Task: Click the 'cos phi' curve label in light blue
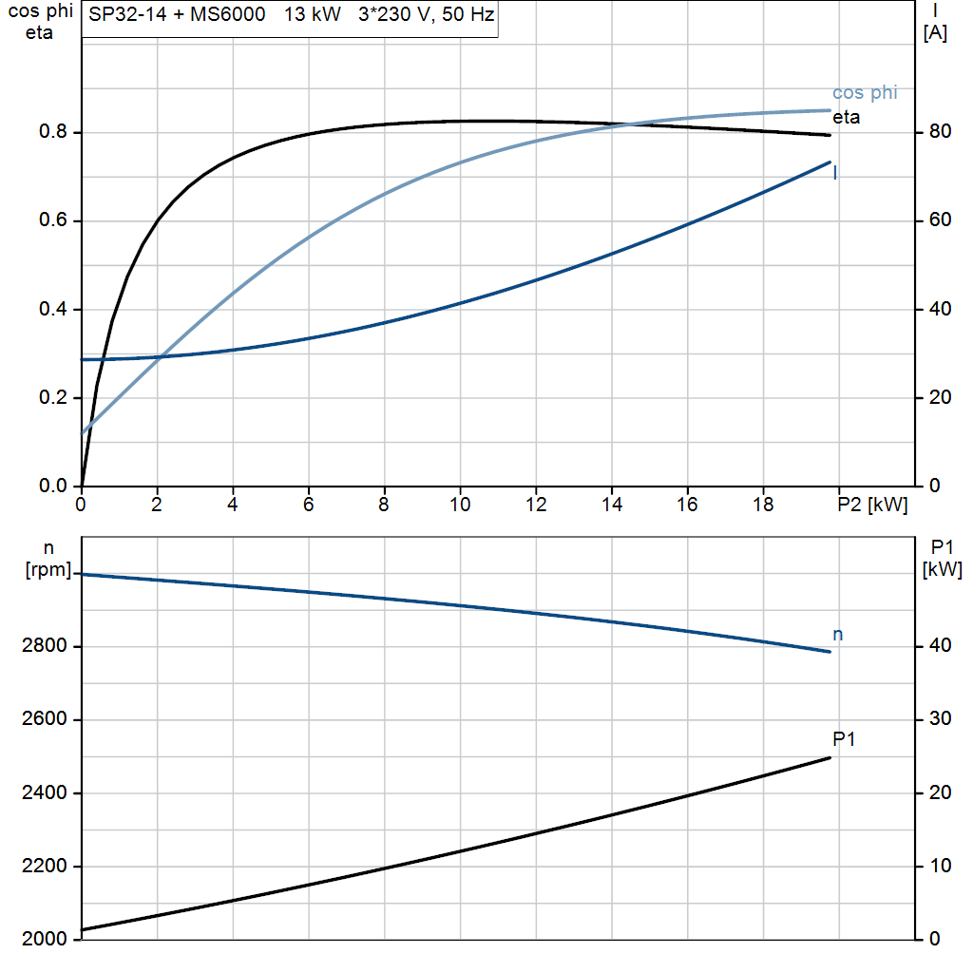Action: pos(864,93)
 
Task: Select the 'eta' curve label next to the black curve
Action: pos(846,118)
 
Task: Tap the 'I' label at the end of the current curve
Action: pos(835,173)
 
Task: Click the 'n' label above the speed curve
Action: pos(837,634)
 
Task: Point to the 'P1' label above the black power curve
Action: pos(843,738)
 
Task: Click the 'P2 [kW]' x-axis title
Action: pos(872,506)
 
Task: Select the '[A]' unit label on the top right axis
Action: pos(934,33)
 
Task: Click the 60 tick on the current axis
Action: pos(939,220)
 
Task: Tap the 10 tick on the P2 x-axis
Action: pos(460,506)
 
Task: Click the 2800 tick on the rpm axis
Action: pos(42,647)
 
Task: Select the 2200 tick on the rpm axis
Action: pos(42,867)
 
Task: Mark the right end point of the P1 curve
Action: pos(830,757)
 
